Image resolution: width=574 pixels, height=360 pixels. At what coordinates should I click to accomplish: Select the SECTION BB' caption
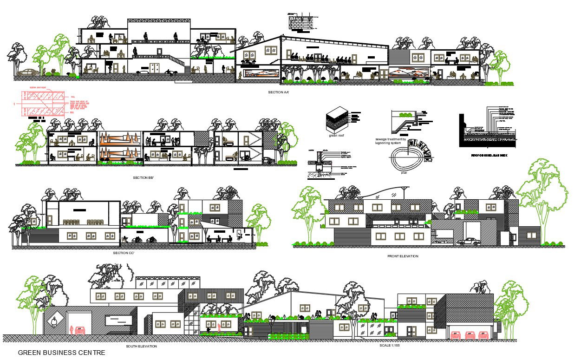click(143, 178)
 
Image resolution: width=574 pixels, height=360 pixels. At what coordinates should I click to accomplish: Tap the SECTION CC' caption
click(123, 253)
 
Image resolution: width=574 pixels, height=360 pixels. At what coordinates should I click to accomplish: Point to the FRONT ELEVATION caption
click(403, 256)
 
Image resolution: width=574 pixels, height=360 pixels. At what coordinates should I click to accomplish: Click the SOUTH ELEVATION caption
click(141, 346)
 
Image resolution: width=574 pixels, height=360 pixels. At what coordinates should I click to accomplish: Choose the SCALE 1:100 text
click(390, 345)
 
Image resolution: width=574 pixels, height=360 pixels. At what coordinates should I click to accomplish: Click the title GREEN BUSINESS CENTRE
click(61, 353)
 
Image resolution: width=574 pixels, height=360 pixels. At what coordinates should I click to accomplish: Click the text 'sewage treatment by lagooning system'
click(391, 141)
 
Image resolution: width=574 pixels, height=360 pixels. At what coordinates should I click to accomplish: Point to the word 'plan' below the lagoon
click(404, 172)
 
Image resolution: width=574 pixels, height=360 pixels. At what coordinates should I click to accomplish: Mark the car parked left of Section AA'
click(29, 72)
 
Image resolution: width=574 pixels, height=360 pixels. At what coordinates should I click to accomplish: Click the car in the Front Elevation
click(468, 242)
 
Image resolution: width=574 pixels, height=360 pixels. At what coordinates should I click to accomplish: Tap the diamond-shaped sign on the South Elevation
click(55, 321)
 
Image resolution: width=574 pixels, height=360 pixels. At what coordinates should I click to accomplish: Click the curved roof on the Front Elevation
click(384, 190)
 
